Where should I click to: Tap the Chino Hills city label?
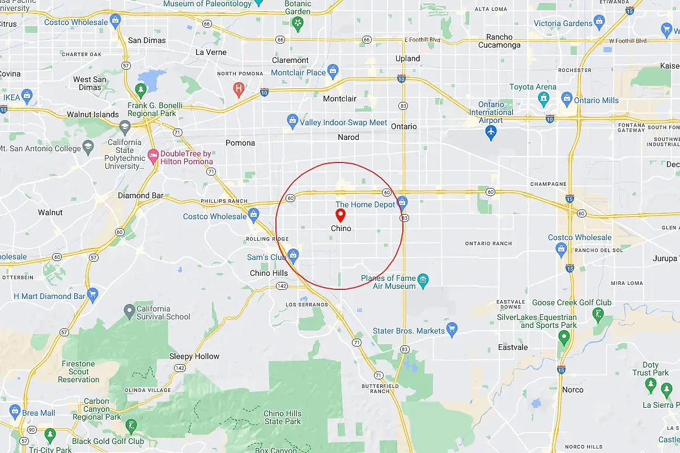(x=269, y=273)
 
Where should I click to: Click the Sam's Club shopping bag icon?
(x=293, y=255)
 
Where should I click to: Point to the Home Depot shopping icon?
(x=402, y=202)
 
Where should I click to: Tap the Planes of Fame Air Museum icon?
(x=423, y=280)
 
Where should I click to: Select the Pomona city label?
(x=240, y=143)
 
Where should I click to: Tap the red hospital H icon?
(x=239, y=88)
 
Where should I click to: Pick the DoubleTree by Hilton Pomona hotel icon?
(x=152, y=155)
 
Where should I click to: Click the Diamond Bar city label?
(x=141, y=196)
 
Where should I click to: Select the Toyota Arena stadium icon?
(x=543, y=99)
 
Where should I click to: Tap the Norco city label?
(x=572, y=390)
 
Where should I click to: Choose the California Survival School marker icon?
(x=129, y=310)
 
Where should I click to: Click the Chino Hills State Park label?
(x=282, y=417)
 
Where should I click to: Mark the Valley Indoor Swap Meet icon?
(x=292, y=121)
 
